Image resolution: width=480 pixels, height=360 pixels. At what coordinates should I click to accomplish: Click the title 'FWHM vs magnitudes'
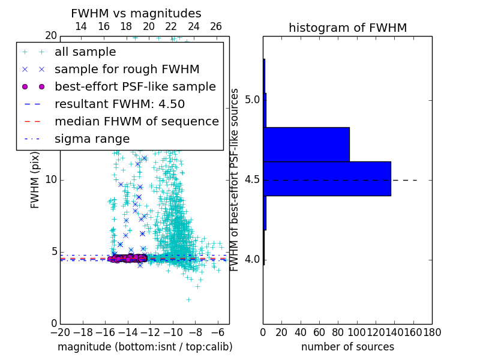[136, 13]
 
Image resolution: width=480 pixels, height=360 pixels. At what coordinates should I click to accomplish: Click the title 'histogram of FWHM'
[347, 28]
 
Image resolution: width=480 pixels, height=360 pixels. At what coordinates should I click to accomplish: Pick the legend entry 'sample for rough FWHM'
[127, 69]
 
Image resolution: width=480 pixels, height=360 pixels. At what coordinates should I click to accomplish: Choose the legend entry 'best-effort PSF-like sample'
[135, 86]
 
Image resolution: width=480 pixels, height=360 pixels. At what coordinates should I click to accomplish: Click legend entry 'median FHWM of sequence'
[136, 121]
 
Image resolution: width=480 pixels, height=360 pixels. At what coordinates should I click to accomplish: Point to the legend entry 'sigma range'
[92, 139]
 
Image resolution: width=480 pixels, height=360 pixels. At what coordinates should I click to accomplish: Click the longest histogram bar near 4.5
[327, 178]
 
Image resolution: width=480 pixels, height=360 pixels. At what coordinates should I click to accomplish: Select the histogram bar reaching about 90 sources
[307, 144]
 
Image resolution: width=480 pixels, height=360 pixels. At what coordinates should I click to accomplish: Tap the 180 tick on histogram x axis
[432, 332]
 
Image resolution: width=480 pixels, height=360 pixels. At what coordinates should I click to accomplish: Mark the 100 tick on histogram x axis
[357, 332]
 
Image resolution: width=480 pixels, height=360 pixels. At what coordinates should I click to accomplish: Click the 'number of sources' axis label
[347, 347]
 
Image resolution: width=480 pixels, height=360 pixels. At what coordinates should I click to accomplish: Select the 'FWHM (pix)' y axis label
[35, 179]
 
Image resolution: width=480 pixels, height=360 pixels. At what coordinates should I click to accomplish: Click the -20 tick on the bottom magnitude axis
[59, 332]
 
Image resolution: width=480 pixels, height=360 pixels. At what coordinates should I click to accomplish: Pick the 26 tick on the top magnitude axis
[216, 26]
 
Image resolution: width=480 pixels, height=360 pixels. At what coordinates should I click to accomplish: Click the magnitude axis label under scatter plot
[145, 347]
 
